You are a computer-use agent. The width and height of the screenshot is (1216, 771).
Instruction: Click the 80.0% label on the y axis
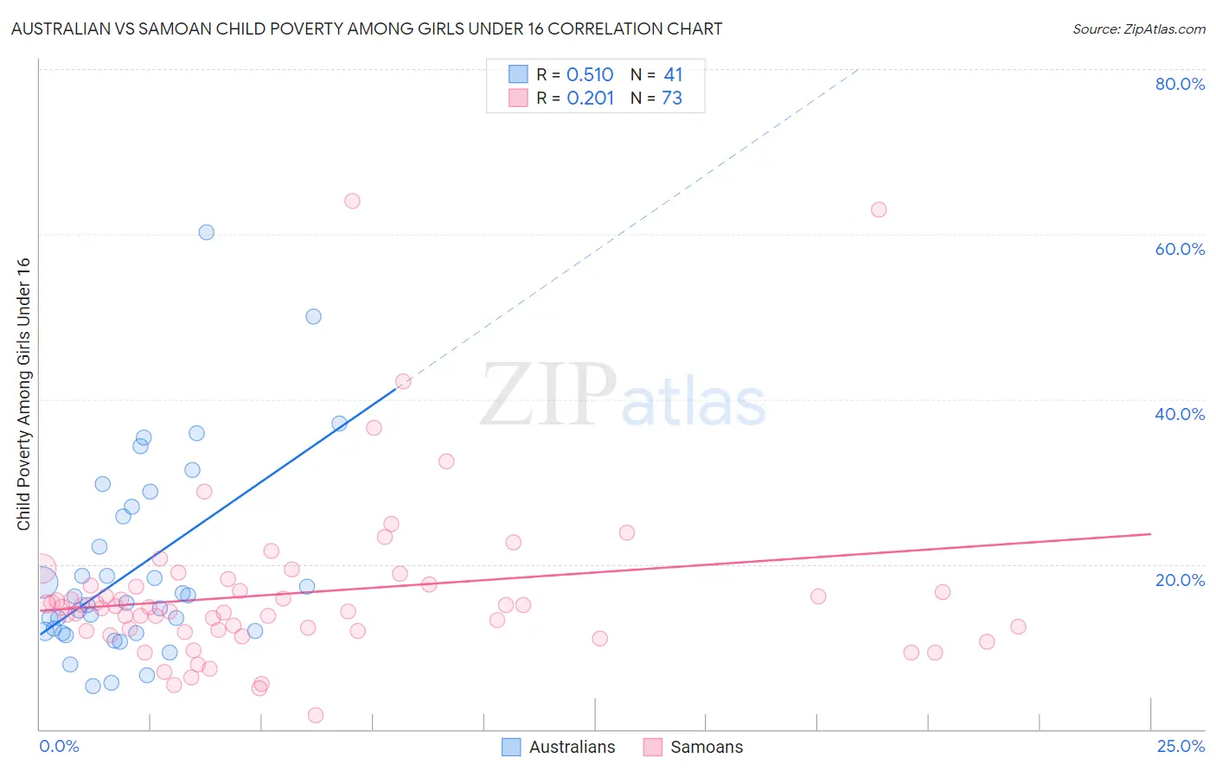[x=1180, y=84]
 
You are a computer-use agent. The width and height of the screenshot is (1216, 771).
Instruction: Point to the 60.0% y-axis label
[x=1180, y=249]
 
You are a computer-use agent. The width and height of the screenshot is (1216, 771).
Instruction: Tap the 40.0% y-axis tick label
[x=1180, y=414]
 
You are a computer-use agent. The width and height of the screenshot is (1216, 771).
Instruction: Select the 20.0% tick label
[x=1180, y=579]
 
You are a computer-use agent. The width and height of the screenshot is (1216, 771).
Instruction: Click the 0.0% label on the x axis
[x=59, y=746]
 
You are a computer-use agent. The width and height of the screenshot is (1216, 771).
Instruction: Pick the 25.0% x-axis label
[x=1181, y=746]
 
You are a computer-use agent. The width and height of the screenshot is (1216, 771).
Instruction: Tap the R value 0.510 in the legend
[x=590, y=75]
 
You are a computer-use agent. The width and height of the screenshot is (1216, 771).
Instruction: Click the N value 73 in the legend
[x=672, y=99]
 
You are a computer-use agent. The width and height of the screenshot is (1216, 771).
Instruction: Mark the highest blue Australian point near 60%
[x=206, y=233]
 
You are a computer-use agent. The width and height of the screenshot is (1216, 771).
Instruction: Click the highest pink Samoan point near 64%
[x=352, y=201]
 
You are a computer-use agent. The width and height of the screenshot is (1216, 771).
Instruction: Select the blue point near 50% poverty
[x=313, y=317]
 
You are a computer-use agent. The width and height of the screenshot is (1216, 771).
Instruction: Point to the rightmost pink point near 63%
[x=879, y=210]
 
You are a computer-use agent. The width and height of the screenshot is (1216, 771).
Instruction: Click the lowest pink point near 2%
[x=316, y=715]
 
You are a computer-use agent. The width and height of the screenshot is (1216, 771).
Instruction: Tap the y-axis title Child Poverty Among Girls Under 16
[x=23, y=394]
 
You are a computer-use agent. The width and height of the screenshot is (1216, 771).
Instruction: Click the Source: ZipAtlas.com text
[x=1138, y=29]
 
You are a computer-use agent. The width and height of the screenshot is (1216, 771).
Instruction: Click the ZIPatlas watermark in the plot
[x=623, y=396]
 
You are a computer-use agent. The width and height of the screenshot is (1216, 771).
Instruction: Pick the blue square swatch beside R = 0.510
[x=518, y=74]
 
